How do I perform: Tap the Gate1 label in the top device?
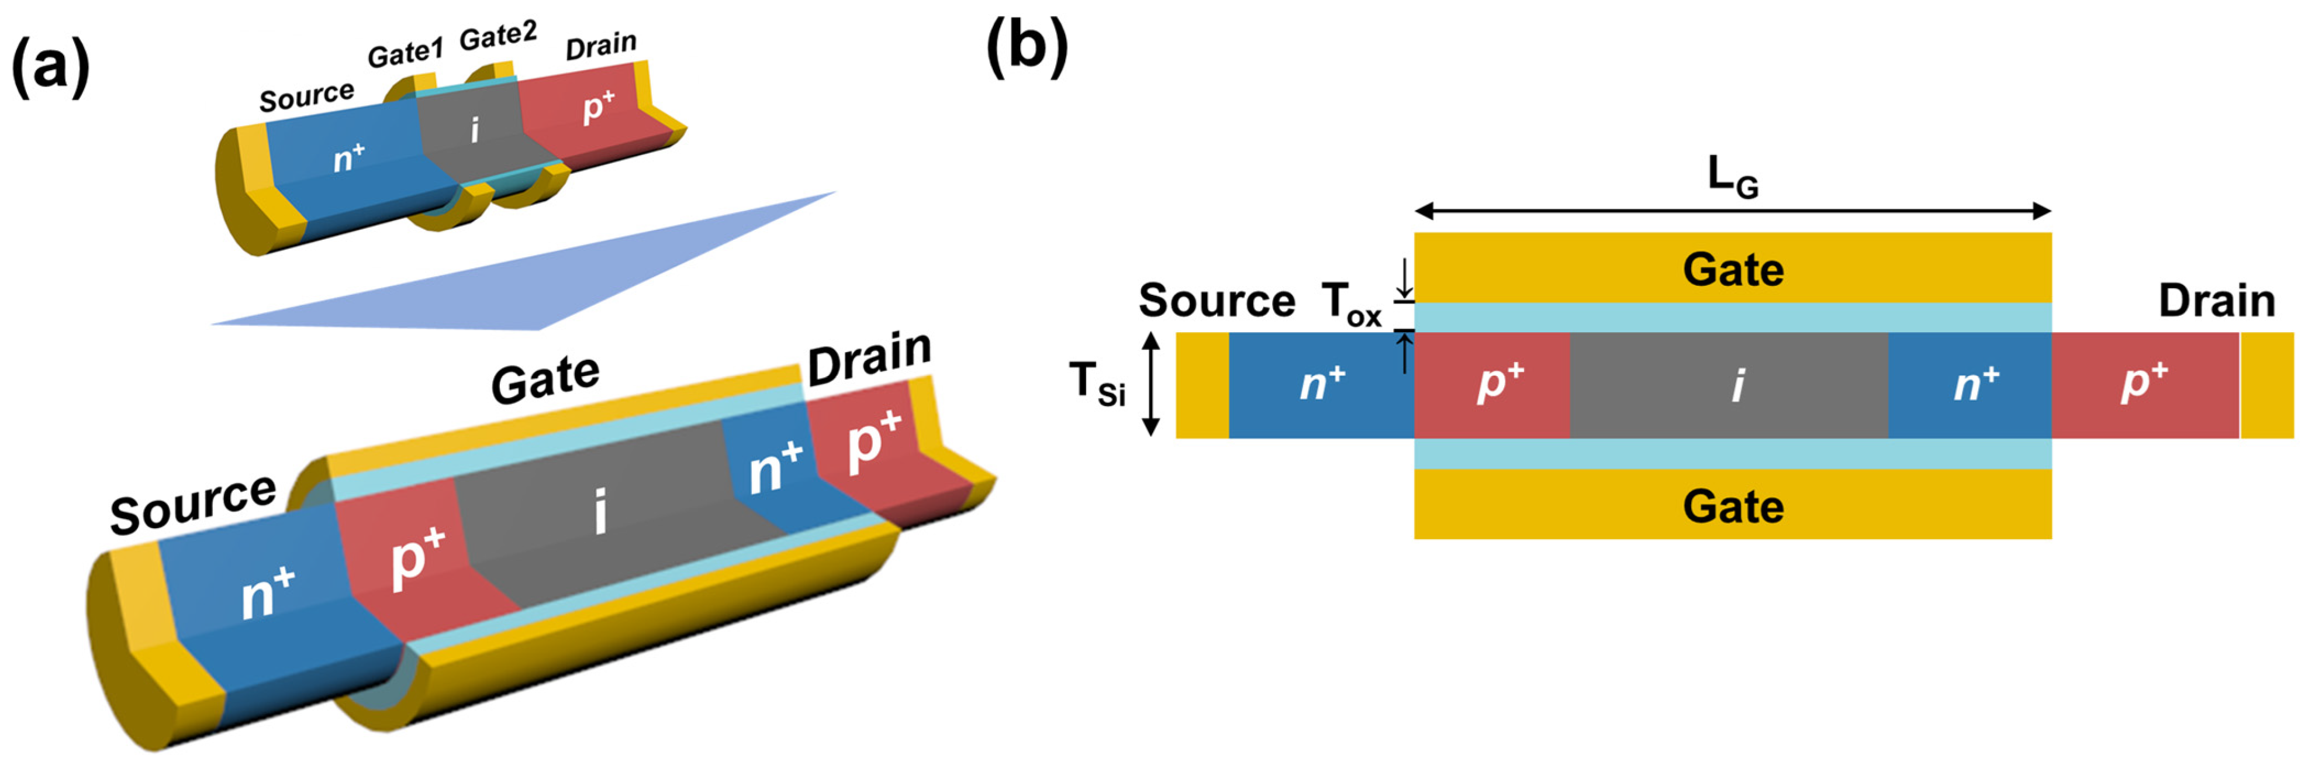coord(405,53)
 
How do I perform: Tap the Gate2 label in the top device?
coord(498,36)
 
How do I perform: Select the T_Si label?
coord(1096,384)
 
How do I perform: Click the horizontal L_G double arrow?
coord(1732,211)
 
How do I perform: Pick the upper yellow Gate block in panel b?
coord(1732,268)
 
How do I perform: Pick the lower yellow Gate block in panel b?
coord(1732,505)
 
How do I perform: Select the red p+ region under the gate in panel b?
coord(1492,385)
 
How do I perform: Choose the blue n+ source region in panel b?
coord(1321,385)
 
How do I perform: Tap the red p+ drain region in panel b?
coord(2144,385)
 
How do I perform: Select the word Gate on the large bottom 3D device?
coord(545,379)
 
